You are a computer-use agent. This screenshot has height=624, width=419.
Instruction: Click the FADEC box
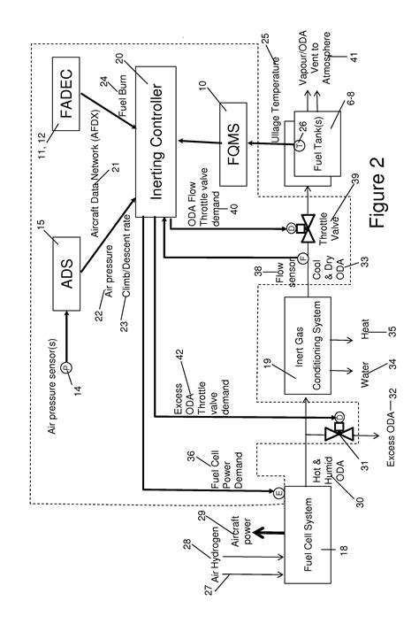click(69, 91)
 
